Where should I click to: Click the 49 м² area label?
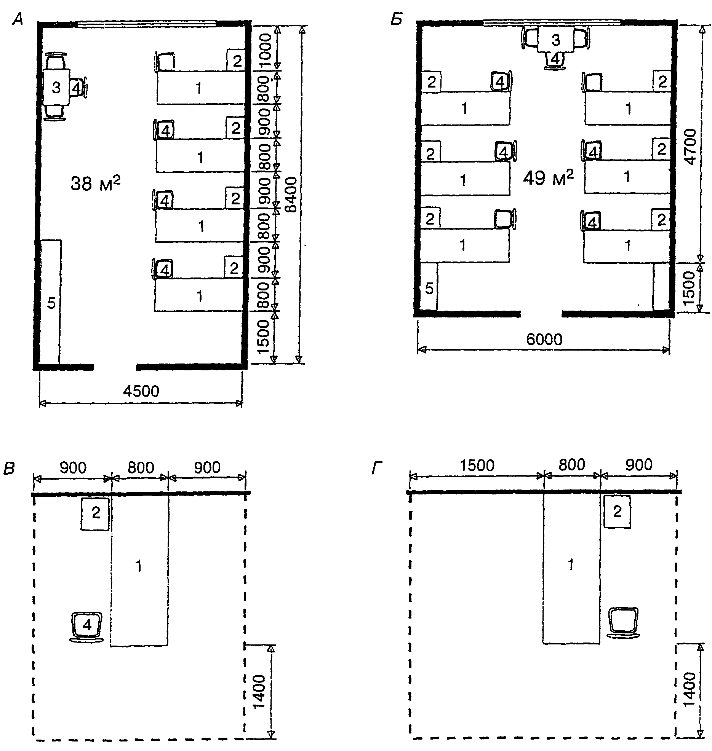[x=548, y=177]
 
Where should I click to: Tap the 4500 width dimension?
[x=141, y=391]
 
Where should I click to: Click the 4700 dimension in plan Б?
[x=690, y=147]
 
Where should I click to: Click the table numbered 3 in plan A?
[x=56, y=88]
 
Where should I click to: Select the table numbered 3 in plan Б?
[x=555, y=40]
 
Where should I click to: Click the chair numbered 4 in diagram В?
[x=87, y=625]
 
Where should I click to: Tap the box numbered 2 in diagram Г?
[x=617, y=512]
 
